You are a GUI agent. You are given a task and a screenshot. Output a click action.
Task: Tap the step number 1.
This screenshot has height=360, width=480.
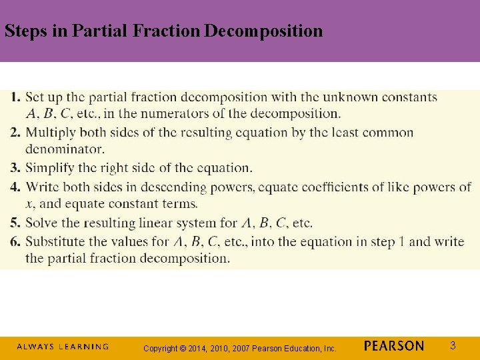tap(15, 97)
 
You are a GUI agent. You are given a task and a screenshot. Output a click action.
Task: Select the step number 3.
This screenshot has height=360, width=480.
tap(15, 167)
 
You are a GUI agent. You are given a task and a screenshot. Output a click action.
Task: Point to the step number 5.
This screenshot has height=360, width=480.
tap(15, 223)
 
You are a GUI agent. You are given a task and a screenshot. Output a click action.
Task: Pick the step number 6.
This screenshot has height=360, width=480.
tap(15, 241)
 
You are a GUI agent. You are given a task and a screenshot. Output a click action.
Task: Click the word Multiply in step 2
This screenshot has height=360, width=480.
tap(50, 132)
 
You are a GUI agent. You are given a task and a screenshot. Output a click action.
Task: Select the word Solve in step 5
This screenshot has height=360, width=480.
tap(41, 223)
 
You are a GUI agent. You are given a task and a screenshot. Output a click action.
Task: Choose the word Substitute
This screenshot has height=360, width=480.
tap(55, 241)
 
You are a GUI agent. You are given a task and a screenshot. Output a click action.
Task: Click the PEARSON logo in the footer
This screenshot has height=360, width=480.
tap(394, 346)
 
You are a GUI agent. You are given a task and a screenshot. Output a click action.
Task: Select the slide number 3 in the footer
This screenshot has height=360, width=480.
tap(453, 345)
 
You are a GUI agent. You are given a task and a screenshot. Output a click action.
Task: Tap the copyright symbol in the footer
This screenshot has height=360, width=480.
tap(181, 348)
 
